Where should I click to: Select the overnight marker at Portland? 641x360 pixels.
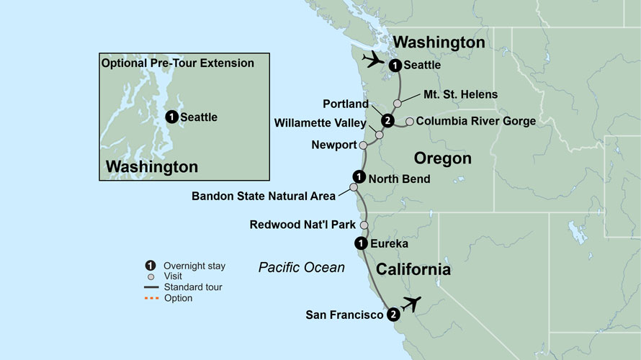pos(387,120)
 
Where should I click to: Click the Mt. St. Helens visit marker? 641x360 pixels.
pos(397,104)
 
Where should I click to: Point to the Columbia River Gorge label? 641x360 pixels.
pos(475,121)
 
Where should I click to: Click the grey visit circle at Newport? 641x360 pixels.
pos(363,145)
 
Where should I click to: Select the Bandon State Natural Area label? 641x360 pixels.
pos(264,195)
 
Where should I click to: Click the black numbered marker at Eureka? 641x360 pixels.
pos(359,243)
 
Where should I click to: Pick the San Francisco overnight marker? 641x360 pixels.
pos(393,315)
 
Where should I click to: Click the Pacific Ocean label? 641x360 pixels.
pos(302,268)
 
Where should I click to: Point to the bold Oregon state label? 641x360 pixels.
pos(442,158)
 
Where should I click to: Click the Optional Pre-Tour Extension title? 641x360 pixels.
pos(178,63)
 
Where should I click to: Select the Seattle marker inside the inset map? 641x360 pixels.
pos(171,117)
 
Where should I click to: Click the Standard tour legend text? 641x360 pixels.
pos(192,287)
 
